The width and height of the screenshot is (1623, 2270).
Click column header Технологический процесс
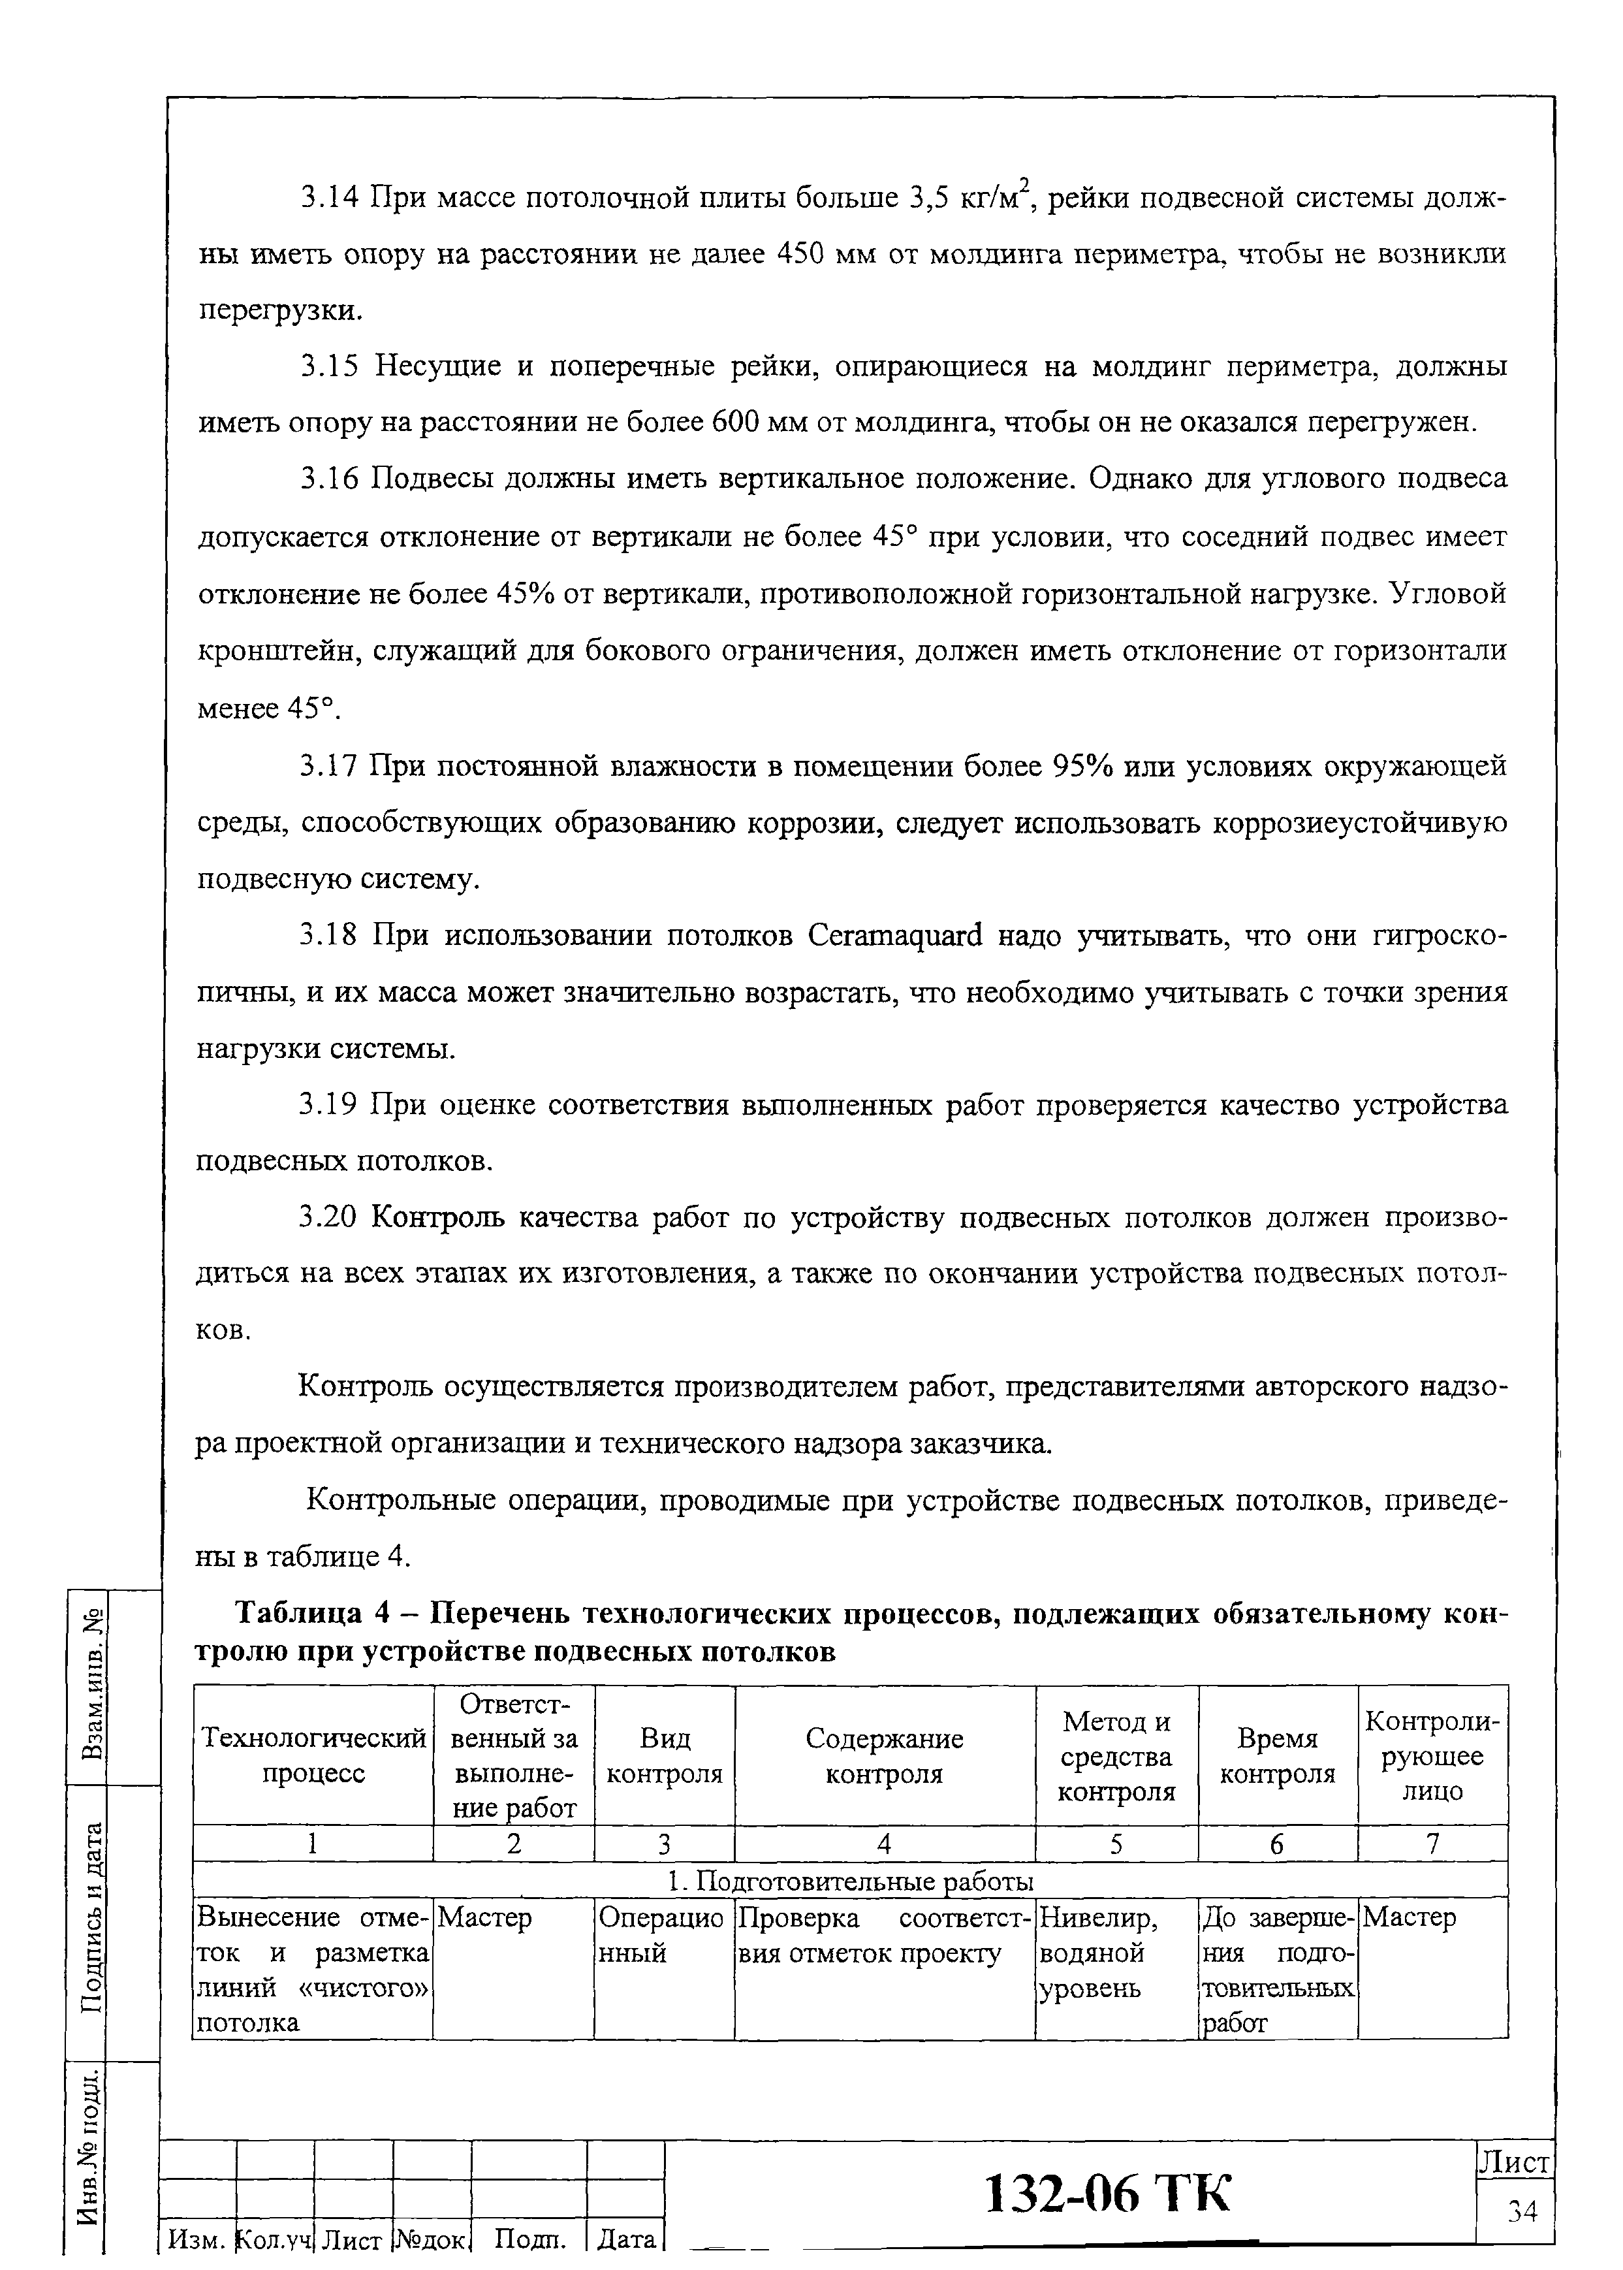[313, 1755]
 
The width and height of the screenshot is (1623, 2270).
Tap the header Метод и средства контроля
[1116, 1756]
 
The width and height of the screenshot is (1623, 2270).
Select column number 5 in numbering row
[1116, 1843]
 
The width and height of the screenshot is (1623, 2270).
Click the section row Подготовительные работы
[849, 1881]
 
